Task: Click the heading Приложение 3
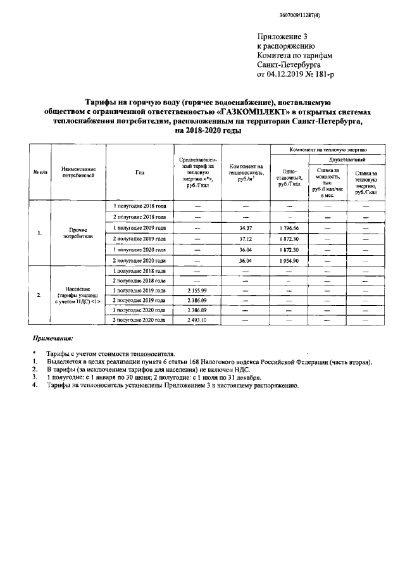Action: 282,37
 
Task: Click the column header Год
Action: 139,172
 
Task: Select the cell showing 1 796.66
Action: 288,227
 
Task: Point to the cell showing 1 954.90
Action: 288,260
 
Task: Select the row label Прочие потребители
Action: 79,232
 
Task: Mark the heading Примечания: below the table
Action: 53,339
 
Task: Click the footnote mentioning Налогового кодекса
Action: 209,362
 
